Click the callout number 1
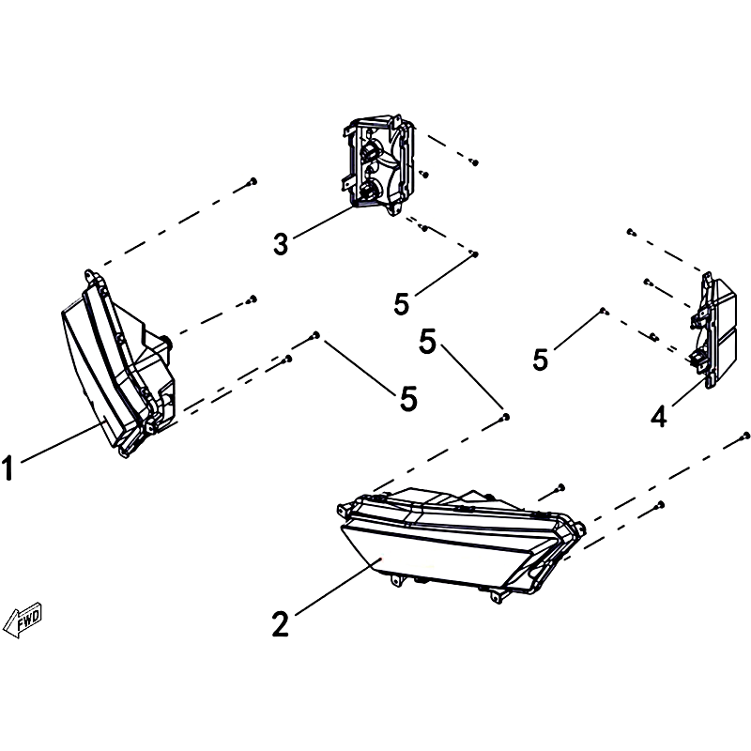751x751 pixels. point(8,467)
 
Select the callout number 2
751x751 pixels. point(281,623)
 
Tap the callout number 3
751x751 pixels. point(281,243)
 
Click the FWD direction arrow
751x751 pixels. point(23,620)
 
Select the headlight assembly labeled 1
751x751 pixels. point(118,363)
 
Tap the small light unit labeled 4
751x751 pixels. point(713,330)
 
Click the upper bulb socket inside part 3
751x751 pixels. point(368,152)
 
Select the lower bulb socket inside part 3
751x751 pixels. point(367,191)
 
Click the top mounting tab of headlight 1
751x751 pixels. point(89,275)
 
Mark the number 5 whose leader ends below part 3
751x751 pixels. point(402,303)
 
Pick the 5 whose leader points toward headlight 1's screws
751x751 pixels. point(408,398)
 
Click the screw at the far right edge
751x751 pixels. point(744,436)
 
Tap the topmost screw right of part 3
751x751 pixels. point(474,161)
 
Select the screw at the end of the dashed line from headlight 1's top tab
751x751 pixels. point(253,181)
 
